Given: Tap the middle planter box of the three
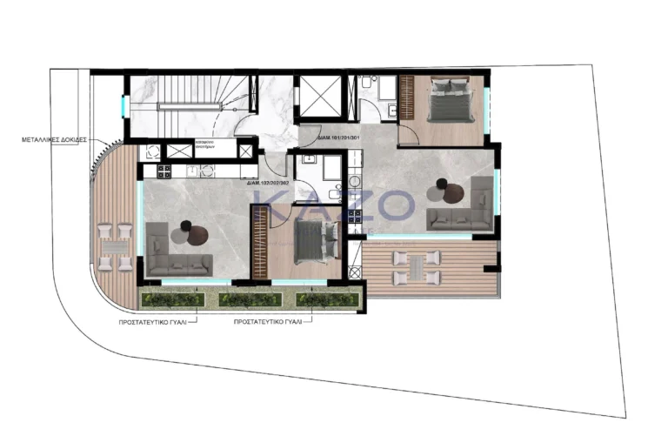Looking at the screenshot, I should tap(250, 300).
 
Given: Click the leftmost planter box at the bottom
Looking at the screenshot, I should tap(173, 300).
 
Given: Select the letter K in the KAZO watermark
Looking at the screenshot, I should tap(278, 207).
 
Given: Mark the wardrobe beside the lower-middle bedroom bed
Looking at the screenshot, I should tap(260, 243).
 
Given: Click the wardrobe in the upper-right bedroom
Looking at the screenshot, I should tap(406, 101).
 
